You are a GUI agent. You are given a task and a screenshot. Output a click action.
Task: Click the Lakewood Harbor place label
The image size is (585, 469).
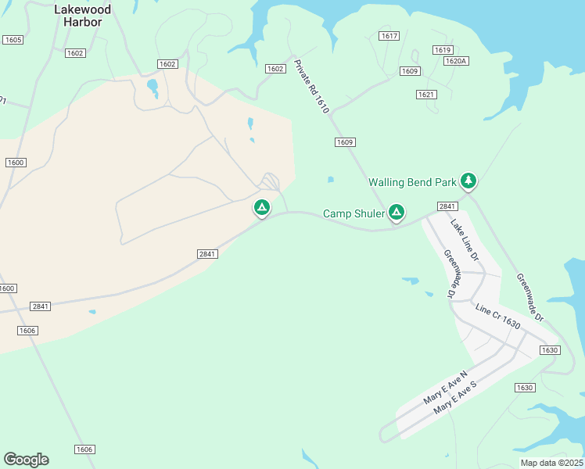[x=83, y=16]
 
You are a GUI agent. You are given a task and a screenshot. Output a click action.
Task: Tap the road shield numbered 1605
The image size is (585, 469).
[x=13, y=39]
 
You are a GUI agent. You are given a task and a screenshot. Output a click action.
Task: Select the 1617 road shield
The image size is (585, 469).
[x=389, y=36]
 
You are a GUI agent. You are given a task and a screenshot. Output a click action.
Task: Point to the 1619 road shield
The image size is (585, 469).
[x=443, y=49]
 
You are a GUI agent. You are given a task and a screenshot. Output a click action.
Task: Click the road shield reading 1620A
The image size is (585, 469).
[x=455, y=61]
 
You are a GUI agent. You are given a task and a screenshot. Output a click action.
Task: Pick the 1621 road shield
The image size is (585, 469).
[x=425, y=95]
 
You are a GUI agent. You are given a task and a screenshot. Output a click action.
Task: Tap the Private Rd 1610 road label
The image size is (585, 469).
[x=311, y=87]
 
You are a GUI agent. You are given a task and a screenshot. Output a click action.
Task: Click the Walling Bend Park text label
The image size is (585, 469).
[x=412, y=182]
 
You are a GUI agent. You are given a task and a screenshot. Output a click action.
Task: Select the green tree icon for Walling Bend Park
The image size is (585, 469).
[x=468, y=181]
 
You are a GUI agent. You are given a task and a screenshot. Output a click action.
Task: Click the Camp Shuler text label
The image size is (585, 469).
[x=354, y=213]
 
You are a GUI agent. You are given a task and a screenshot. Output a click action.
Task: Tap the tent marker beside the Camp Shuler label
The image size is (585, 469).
[x=397, y=212]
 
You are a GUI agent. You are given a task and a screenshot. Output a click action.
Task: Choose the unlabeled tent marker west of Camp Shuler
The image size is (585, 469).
[x=261, y=208]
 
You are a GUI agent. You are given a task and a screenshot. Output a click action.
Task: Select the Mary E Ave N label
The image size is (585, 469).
[x=444, y=387]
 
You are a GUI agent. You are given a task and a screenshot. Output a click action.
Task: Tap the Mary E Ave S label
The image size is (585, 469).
[x=454, y=396]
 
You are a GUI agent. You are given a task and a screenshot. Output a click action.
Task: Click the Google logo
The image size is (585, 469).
[x=26, y=460]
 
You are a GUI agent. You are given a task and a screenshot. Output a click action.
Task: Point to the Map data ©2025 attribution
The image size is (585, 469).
[x=551, y=463]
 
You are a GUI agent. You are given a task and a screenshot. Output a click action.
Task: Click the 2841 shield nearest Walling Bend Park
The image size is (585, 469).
[x=447, y=206]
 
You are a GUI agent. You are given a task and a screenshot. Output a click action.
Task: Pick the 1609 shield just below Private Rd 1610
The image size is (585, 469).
[x=345, y=142]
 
